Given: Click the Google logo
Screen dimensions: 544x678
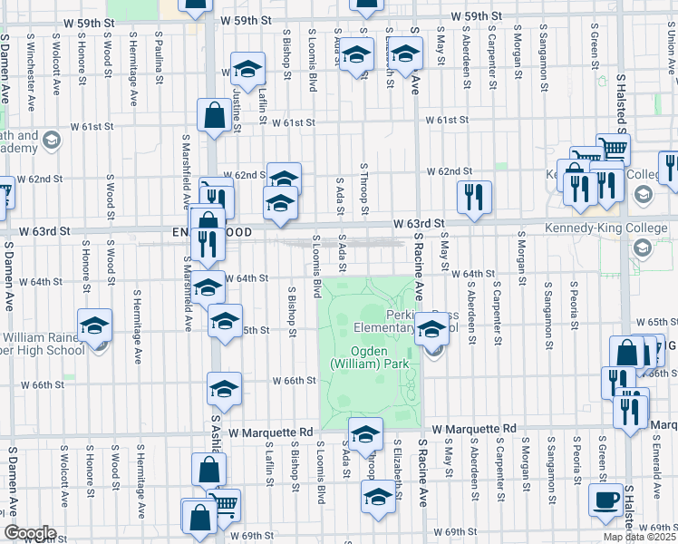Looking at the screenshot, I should [29, 533].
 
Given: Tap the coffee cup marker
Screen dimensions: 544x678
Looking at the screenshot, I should [605, 499].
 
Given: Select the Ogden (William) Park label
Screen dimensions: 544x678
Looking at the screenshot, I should [372, 357].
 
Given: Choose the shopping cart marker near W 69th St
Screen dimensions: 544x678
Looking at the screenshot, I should [223, 504].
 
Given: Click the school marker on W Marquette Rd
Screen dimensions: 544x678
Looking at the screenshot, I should [366, 434].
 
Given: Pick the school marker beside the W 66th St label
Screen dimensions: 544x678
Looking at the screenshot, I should [224, 388].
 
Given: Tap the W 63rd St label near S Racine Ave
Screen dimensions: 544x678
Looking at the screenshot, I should [419, 223].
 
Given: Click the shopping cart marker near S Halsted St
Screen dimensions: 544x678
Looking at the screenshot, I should [614, 149].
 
